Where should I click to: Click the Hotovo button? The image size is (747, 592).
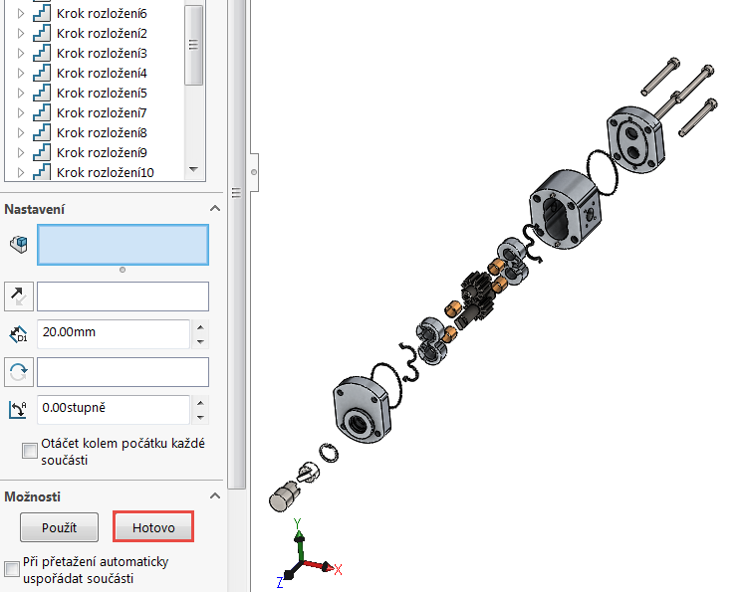coord(153,527)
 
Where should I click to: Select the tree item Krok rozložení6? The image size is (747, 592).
coord(102,14)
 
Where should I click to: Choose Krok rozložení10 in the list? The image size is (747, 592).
coord(105,172)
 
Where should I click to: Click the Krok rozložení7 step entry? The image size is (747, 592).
coord(102,112)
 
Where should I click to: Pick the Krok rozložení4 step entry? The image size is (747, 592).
coord(102,73)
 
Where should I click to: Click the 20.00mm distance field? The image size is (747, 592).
coord(113,333)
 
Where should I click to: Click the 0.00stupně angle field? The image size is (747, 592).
coord(113,409)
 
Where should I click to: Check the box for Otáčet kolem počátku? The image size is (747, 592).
coord(30,452)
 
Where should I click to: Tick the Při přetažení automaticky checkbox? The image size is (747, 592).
coord(12,569)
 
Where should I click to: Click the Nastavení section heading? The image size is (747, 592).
coord(36,209)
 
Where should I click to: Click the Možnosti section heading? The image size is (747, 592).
coord(33,495)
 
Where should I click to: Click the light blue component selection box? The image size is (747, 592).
coord(123,245)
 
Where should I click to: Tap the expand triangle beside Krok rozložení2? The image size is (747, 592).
coord(21,33)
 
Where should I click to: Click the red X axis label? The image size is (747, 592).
coord(338,570)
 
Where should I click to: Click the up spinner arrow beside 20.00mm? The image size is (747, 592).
coord(200,326)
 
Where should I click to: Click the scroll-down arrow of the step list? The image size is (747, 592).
coord(193,170)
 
